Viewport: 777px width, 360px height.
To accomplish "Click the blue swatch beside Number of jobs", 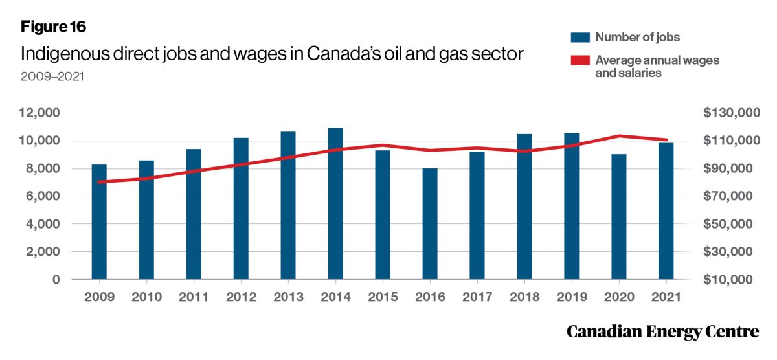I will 578,37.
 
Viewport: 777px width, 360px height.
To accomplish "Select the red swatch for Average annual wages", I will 578,61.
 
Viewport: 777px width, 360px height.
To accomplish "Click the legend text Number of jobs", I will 638,37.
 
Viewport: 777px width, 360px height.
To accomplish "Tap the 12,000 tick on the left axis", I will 39,113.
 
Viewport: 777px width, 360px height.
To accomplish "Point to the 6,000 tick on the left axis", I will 42,197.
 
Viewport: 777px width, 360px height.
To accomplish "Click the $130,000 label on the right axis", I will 730,113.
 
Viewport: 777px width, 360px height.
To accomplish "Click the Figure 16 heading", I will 53,27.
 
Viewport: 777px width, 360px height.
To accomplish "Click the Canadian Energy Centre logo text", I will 662,332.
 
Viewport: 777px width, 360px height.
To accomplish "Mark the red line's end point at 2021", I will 666,140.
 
